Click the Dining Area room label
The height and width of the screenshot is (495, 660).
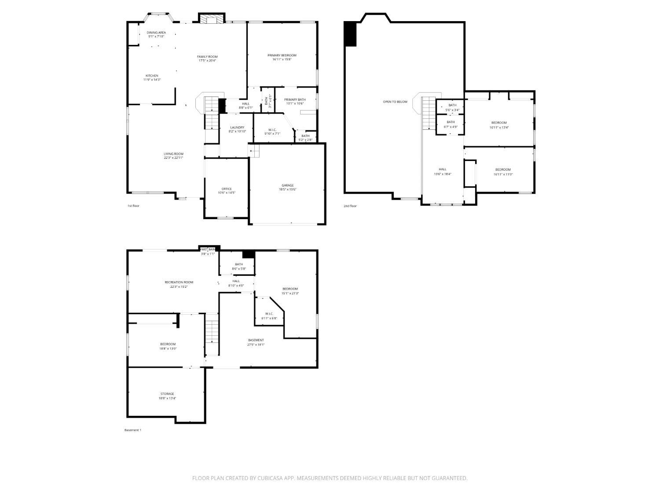tap(156, 33)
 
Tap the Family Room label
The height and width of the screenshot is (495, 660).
tap(207, 57)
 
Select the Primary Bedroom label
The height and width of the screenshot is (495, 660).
tap(282, 55)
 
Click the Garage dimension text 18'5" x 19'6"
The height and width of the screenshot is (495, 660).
tap(287, 190)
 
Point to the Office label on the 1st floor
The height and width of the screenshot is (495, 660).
tap(227, 189)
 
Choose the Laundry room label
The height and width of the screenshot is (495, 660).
tap(237, 128)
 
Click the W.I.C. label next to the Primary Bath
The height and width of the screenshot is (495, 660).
tap(272, 129)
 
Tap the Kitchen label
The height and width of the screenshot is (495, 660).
tap(152, 76)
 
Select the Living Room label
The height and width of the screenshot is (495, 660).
tap(173, 154)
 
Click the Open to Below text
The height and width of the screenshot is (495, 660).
tap(395, 102)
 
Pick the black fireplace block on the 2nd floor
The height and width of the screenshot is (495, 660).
tap(350, 34)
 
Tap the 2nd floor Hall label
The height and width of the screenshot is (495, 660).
tap(442, 169)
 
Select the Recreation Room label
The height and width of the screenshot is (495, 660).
tap(179, 282)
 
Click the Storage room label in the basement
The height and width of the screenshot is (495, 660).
tap(167, 394)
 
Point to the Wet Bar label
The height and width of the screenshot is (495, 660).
tap(208, 249)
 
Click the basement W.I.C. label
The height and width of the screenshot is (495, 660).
tap(269, 314)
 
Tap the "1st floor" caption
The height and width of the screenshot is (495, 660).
tap(133, 205)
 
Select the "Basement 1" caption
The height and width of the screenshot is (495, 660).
tap(133, 430)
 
